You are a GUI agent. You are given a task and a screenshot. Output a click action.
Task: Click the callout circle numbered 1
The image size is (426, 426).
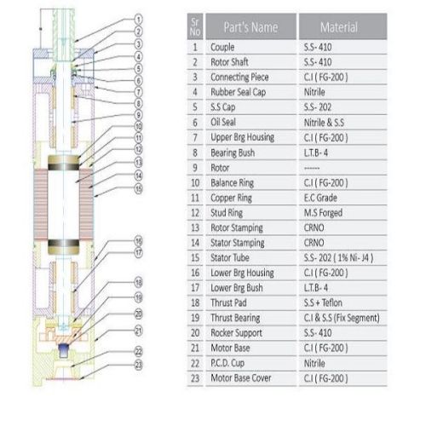[x=138, y=20]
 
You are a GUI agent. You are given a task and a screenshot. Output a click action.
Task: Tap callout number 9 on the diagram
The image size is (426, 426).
[x=138, y=115]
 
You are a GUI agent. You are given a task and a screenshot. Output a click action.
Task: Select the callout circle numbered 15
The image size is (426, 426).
[x=138, y=189]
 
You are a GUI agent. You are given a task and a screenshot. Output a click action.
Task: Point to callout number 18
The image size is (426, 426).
[x=138, y=283]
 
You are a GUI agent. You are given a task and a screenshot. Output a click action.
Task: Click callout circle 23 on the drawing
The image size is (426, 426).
[x=138, y=365]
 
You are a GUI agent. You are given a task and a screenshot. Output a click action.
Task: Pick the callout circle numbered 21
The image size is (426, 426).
[x=138, y=331]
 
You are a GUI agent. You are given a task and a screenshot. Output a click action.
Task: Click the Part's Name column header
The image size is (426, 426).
[x=250, y=27]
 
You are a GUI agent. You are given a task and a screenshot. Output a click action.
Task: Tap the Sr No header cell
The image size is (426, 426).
[x=195, y=26]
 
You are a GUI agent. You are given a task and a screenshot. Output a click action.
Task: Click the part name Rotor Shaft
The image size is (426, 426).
[x=229, y=62]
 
